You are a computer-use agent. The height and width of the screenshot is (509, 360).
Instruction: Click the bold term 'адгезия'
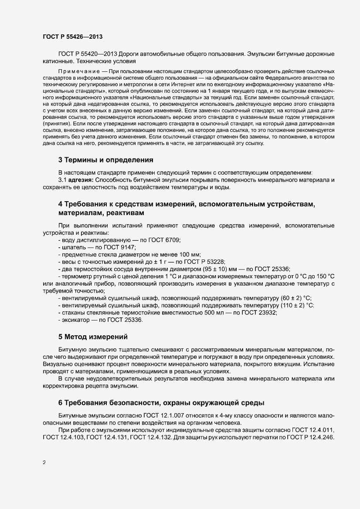click(x=82, y=180)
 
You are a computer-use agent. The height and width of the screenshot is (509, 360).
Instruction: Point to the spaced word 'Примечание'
click(x=77, y=71)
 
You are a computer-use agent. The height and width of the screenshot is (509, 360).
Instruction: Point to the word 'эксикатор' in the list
click(x=75, y=320)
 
